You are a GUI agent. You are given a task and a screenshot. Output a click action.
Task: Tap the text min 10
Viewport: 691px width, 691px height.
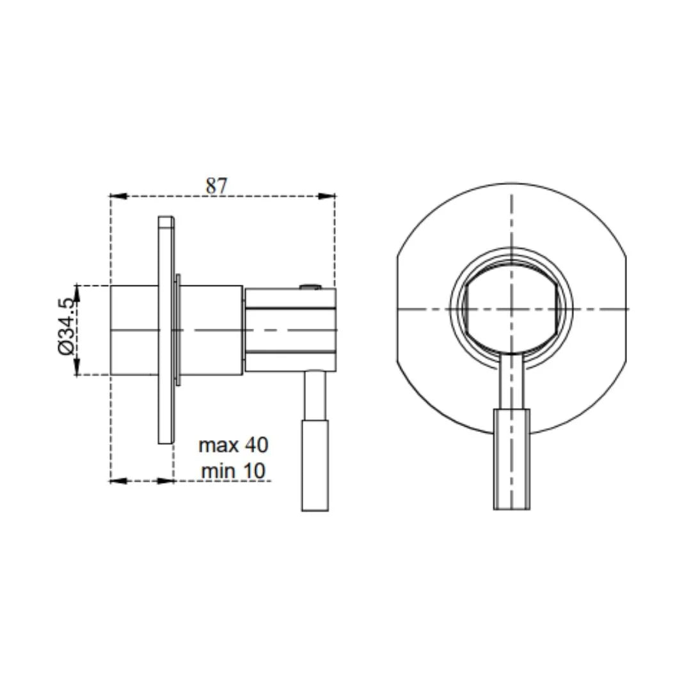[x=233, y=471]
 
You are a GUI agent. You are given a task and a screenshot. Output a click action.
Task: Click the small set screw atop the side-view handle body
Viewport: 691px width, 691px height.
[x=309, y=287]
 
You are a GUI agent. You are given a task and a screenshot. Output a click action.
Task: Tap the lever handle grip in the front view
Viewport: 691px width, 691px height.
[x=511, y=459]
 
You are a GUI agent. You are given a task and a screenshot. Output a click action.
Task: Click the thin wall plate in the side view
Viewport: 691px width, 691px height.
[x=166, y=330]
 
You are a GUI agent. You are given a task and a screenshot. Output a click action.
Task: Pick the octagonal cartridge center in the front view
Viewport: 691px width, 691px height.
[x=511, y=309]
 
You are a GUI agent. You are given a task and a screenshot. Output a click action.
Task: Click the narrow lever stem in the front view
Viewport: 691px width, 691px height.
[x=511, y=382]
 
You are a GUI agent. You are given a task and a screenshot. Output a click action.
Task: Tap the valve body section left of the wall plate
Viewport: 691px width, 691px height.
[x=134, y=330]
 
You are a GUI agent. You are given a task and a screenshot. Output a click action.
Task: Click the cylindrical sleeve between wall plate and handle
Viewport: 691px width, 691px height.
[x=211, y=330]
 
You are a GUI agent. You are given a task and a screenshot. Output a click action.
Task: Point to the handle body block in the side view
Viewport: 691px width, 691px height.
[x=290, y=330]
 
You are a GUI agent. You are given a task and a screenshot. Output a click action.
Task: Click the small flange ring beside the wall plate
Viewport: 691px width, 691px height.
[x=177, y=330]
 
